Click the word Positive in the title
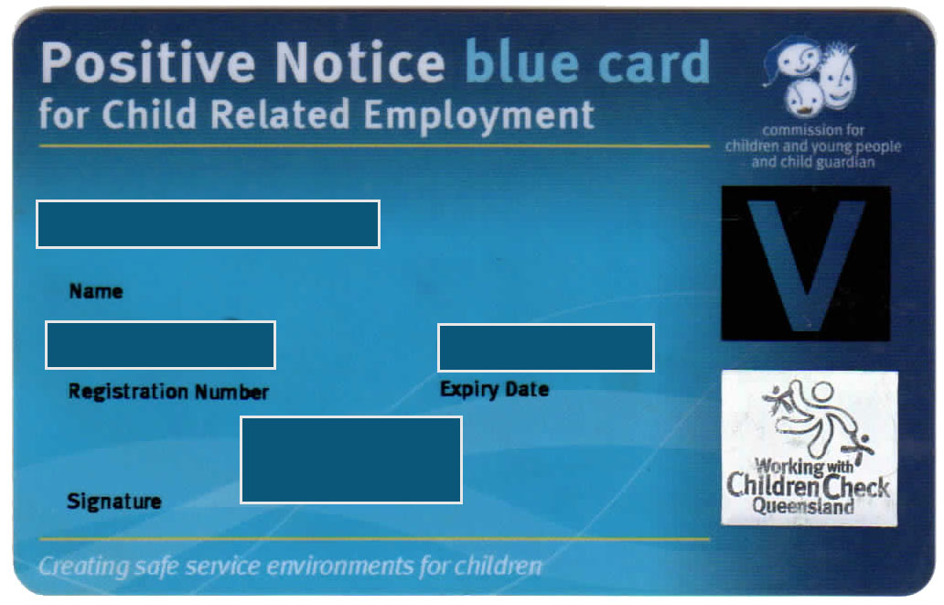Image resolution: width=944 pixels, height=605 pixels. coord(148,63)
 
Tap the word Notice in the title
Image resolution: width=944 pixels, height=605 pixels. coord(360,62)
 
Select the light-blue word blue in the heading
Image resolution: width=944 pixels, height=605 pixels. coord(522,60)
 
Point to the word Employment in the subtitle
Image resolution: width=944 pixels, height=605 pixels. coord(479,115)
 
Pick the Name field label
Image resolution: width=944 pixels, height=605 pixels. coord(96,292)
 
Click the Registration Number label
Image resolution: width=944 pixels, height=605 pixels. coord(168,392)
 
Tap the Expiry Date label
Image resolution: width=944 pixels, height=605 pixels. coord(494,389)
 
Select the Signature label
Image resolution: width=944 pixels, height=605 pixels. coord(113,502)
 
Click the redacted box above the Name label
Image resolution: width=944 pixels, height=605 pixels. coord(208,224)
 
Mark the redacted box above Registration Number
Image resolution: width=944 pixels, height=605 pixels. coord(160,345)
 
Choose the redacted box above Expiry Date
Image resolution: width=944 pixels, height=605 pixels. coord(546,348)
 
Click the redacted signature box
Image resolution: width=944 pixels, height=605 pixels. coord(351,459)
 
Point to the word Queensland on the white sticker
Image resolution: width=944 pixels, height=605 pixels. coord(803,506)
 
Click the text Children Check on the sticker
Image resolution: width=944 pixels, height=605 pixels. coord(808,486)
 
